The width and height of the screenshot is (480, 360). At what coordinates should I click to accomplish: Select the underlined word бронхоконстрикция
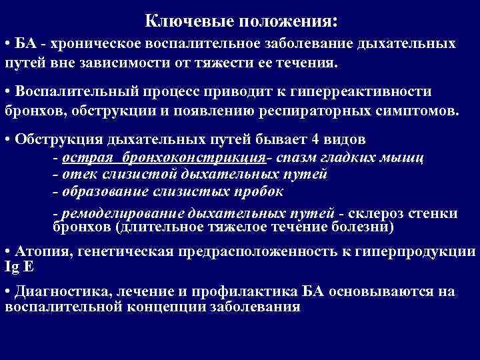(x=205, y=159)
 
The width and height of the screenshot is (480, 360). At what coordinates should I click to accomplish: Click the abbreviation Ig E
(x=18, y=267)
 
